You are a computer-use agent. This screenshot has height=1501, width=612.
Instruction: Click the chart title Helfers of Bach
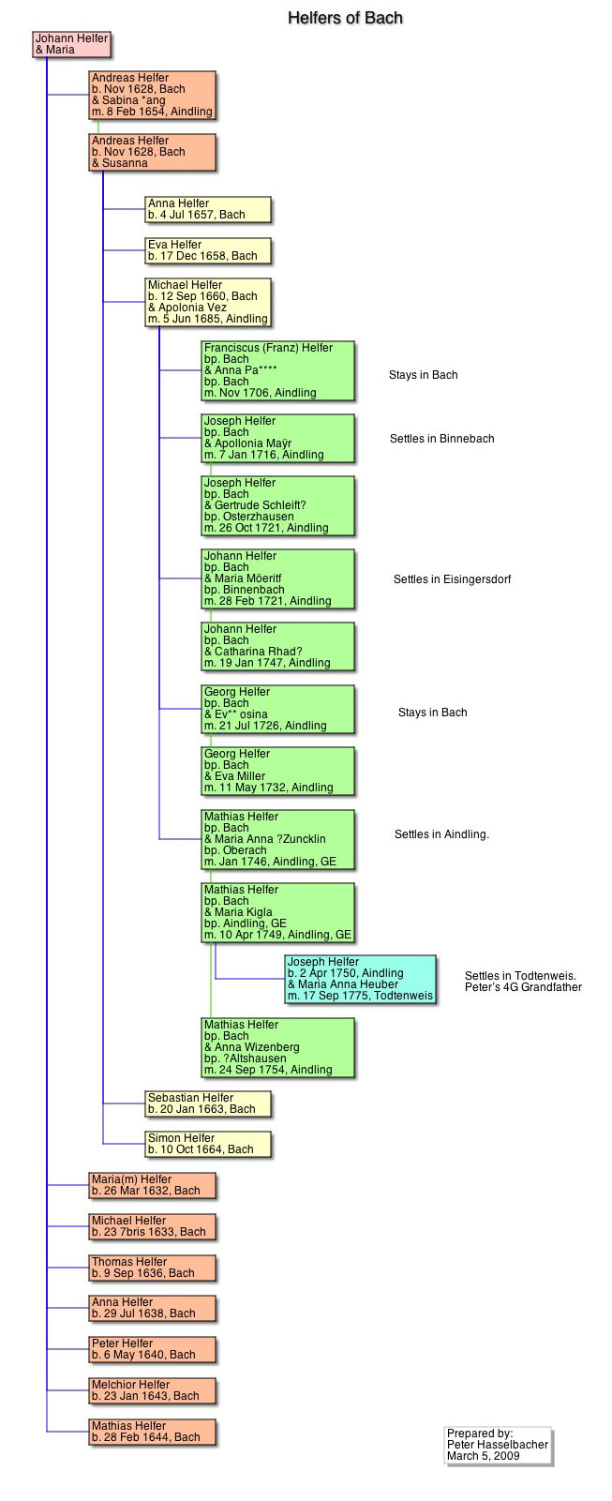345,18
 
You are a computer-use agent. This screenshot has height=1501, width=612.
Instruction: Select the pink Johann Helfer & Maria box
71,44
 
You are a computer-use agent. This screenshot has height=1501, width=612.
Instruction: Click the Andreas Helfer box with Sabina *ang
152,95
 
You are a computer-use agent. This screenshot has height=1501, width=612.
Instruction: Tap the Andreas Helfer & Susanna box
152,152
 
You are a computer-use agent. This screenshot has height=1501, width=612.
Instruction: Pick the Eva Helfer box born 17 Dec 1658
207,250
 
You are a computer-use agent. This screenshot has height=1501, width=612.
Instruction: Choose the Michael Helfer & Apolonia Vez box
207,302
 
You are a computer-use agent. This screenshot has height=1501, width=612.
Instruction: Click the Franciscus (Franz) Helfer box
277,370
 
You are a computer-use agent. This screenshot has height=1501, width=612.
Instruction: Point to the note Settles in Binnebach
441,439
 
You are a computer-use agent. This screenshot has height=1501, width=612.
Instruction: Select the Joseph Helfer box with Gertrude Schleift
277,505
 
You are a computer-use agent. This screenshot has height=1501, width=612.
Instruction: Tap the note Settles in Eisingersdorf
452,579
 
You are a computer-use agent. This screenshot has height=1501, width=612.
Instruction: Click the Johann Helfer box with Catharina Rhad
277,646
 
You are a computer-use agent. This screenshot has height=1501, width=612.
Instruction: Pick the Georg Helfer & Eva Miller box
277,771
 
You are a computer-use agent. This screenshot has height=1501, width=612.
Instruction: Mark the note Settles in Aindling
441,834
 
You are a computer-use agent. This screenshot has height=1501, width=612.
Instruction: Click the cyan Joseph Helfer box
360,979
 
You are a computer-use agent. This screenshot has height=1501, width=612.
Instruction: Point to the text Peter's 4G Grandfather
523,987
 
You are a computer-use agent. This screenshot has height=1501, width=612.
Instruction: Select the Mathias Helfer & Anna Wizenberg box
277,1047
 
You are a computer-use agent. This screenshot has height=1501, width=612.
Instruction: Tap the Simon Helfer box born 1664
207,1144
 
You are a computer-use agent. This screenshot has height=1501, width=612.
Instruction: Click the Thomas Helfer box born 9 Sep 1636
152,1268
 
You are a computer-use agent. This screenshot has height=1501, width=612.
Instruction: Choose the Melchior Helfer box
152,1390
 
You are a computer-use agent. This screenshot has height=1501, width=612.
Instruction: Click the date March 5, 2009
483,1456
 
